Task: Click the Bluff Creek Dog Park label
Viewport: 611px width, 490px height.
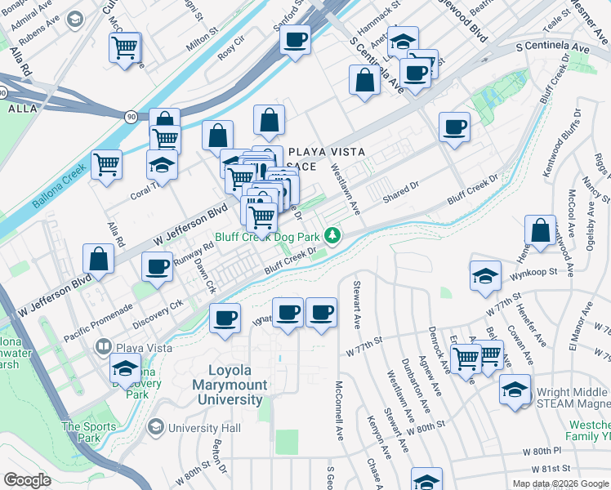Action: [266, 237]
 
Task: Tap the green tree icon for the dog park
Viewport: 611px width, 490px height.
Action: [332, 237]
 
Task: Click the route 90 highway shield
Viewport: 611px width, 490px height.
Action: [132, 117]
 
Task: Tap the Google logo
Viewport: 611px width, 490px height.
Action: [28, 479]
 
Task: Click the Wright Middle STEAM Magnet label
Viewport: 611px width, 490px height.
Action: [572, 396]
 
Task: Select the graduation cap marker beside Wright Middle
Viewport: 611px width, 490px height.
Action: [516, 389]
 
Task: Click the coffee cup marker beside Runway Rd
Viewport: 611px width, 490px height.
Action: [157, 265]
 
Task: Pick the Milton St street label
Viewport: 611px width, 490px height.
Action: [202, 42]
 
